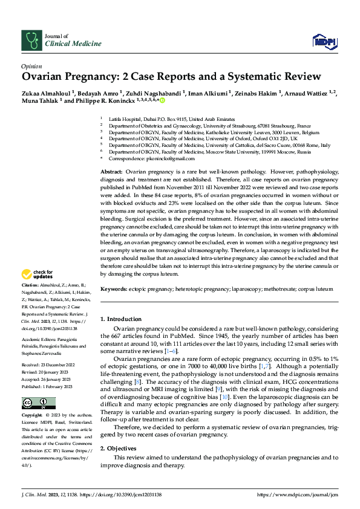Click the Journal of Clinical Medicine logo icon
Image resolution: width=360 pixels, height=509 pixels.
pos(30,39)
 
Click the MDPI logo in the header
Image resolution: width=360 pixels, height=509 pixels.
pos(324,41)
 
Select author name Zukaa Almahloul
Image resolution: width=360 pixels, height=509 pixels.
pos(46,94)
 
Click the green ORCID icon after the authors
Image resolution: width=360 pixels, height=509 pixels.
pos(162,102)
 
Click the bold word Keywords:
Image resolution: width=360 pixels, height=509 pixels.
pos(113,290)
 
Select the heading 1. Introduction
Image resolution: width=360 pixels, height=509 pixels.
pos(123,319)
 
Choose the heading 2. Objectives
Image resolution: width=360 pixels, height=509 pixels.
pos(120,449)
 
